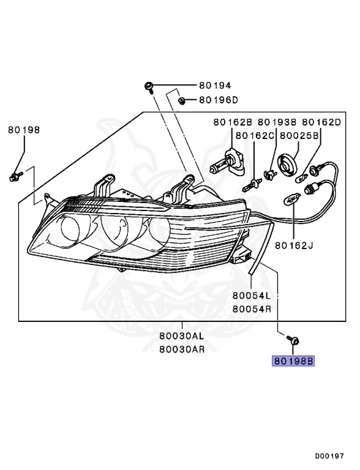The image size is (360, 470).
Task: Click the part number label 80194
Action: pos(215,86)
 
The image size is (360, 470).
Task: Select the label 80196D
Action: pos(219,100)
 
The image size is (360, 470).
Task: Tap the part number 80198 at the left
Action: pos(24,130)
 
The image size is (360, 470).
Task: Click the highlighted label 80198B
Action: pos(293,361)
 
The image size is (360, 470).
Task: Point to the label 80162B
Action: pos(233,122)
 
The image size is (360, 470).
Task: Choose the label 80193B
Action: pos(277,122)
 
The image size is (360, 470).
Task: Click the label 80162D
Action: pos(321,122)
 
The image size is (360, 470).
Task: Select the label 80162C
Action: pos(255,136)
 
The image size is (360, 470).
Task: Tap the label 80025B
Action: pos(299,136)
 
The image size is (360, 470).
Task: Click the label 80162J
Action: pos(294,245)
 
